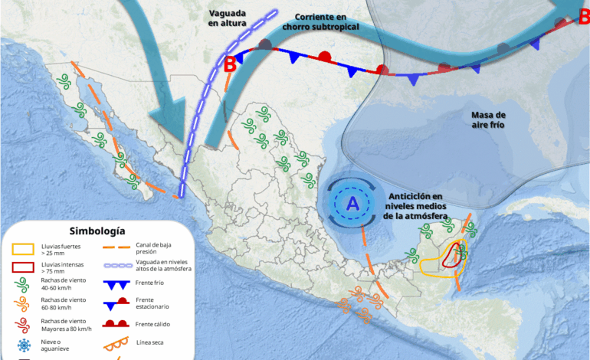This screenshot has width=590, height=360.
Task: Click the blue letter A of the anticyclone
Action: [x=352, y=203]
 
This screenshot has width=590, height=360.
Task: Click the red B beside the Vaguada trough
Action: [x=230, y=64]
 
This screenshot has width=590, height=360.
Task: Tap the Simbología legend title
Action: [x=97, y=231]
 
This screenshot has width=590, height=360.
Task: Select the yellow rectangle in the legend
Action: [x=23, y=249]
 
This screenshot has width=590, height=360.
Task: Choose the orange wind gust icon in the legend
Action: [x=23, y=306]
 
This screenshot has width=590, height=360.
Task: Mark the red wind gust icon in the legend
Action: [x=23, y=324]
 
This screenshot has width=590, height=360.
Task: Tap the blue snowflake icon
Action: [x=23, y=345]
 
